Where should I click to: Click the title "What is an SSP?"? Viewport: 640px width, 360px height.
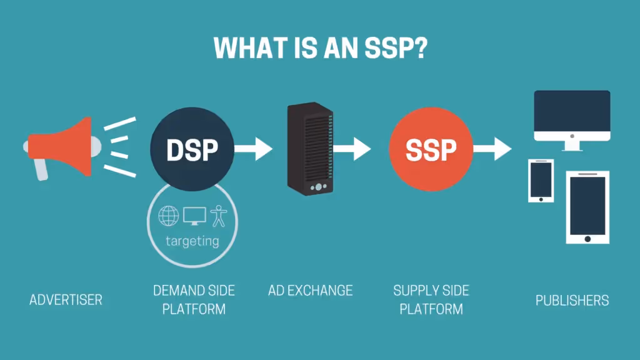tap(320, 47)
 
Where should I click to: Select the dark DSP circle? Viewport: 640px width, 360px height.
tap(192, 149)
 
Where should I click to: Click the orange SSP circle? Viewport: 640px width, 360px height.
tap(431, 149)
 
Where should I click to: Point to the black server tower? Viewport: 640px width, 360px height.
tap(310, 148)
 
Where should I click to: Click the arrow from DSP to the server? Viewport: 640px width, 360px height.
tap(254, 149)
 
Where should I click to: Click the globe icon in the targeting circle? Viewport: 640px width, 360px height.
tap(168, 216)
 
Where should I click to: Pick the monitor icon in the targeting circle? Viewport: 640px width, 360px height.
tap(194, 216)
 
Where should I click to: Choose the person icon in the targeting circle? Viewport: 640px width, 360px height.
tap(219, 216)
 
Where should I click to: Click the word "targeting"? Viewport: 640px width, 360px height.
tap(192, 241)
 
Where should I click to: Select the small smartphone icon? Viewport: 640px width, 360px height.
tap(541, 180)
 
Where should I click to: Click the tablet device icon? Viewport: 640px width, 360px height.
tap(587, 207)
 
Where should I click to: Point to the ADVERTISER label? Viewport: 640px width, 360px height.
tap(66, 300)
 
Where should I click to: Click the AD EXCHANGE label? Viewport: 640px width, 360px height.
tap(311, 291)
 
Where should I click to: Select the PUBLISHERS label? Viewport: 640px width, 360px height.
tap(572, 300)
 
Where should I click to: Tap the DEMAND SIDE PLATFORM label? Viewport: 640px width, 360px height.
tap(194, 300)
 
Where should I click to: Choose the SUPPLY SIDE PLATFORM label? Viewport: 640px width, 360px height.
tap(431, 300)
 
